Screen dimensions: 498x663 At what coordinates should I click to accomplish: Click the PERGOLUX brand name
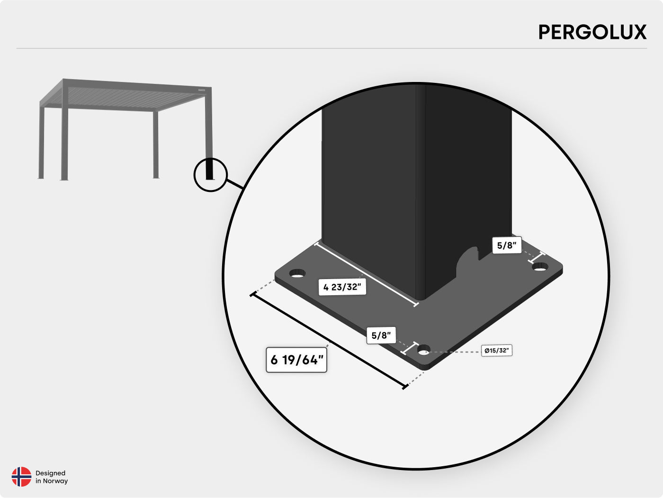click(x=592, y=32)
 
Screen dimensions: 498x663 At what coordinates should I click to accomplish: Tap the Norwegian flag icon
click(x=21, y=477)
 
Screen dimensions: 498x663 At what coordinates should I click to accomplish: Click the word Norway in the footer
click(x=55, y=481)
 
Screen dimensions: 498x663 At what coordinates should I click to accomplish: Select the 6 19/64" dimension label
click(x=296, y=360)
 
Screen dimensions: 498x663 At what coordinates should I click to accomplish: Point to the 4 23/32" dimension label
click(x=342, y=287)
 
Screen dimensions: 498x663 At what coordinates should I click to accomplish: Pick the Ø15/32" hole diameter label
click(x=496, y=351)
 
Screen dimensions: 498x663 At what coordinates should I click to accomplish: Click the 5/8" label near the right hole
click(x=507, y=245)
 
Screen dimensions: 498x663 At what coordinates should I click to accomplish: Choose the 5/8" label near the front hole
click(x=381, y=335)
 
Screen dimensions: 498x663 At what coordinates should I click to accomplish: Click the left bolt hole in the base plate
click(x=297, y=273)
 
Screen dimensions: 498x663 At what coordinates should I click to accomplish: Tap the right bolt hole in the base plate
click(x=539, y=267)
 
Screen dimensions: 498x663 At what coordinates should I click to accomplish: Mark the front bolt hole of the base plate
click(x=424, y=351)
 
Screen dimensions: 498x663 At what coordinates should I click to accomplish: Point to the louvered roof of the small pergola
click(x=128, y=97)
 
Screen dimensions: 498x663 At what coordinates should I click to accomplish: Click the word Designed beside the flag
click(x=50, y=473)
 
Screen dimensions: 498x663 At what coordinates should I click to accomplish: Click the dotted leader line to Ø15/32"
click(x=455, y=352)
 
